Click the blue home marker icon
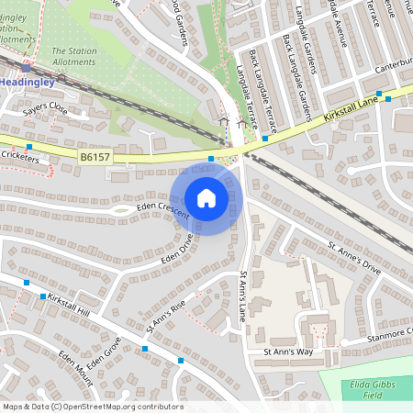pyautogui.click(x=206, y=197)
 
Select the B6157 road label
pyautogui.click(x=94, y=158)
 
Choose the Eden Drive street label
pyautogui.click(x=178, y=251)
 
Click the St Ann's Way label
pyautogui.click(x=288, y=352)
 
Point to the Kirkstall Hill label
pyautogui.click(x=69, y=306)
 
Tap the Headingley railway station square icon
pyautogui.click(x=26, y=68)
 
